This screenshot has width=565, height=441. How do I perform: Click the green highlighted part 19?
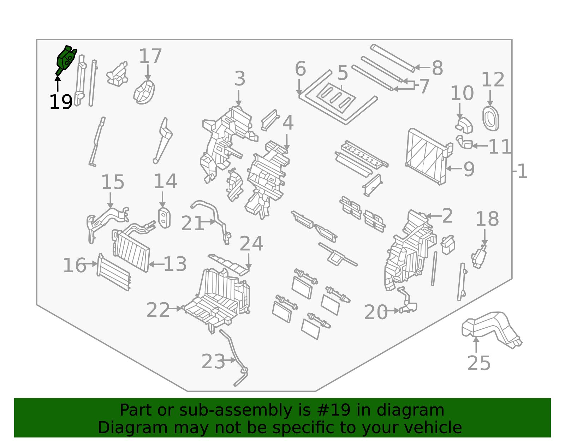coord(66,59)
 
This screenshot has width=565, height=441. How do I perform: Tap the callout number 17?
coord(150,56)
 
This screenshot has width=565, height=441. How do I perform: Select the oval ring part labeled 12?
coord(490,118)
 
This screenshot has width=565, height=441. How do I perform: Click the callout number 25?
coord(478,363)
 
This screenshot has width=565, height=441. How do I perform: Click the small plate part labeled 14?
coord(164,218)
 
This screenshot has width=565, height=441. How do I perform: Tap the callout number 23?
coord(213,362)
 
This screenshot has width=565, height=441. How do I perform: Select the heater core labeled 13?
coord(131,251)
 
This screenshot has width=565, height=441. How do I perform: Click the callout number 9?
coord(469,169)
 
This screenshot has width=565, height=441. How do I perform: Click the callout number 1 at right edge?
coord(522,172)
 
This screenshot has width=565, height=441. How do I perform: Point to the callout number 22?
coord(158,310)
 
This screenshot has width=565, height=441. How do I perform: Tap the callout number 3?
coord(240,78)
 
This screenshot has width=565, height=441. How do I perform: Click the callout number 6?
coord(300,68)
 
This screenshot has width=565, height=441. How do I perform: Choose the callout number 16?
coord(74,265)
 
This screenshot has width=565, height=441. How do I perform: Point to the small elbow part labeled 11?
coord(465,143)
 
